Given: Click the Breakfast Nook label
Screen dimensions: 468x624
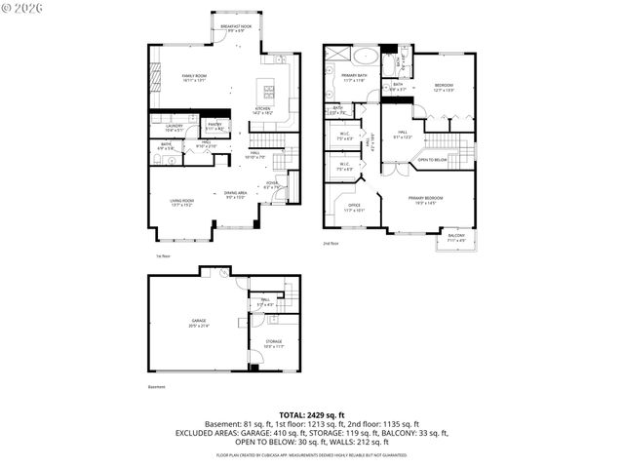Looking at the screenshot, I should click(x=237, y=28).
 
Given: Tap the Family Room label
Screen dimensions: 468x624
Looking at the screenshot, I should click(x=194, y=77).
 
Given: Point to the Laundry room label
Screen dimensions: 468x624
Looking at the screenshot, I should click(x=175, y=127).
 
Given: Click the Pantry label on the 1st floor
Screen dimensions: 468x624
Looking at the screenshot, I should click(x=214, y=126).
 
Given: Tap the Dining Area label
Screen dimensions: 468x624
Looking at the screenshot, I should click(x=235, y=195).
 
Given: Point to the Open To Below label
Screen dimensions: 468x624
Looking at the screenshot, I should click(x=433, y=158).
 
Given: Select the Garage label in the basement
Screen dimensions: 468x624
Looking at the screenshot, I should click(x=199, y=323).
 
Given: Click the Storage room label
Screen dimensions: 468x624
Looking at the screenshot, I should click(x=274, y=343).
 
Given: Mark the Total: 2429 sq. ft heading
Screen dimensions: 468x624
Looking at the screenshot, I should click(x=311, y=415).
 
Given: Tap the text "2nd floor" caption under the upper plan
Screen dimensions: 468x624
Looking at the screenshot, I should click(x=331, y=244).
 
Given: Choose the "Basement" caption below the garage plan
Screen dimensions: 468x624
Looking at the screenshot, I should click(x=157, y=387).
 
